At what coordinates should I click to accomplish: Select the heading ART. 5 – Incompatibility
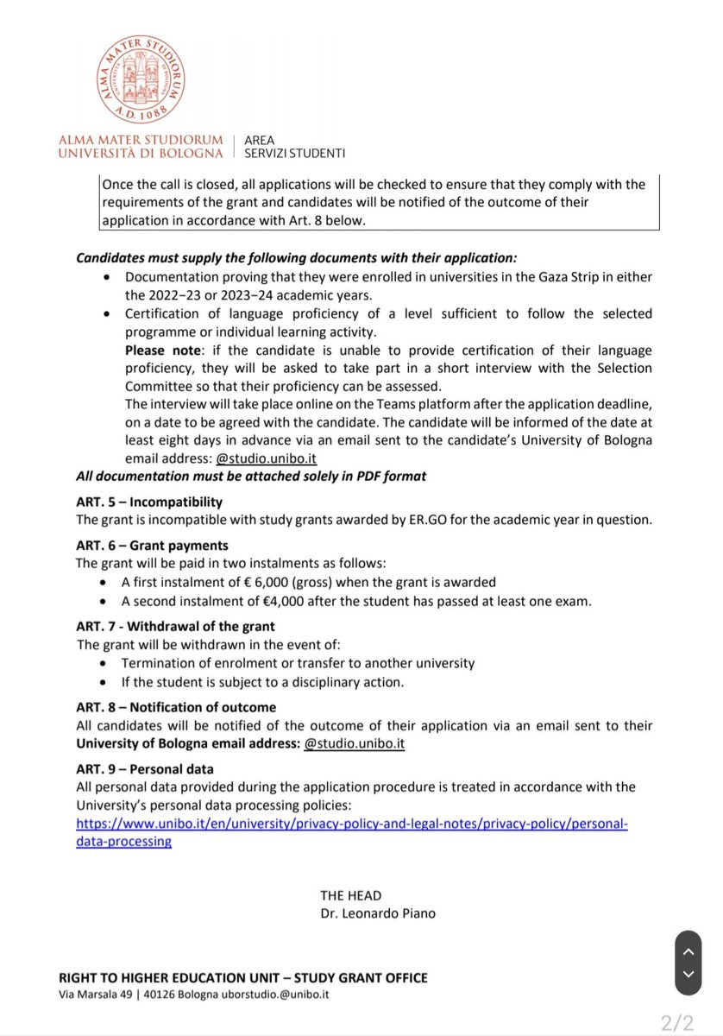coord(149,502)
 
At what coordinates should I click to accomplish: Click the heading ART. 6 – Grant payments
coord(153,546)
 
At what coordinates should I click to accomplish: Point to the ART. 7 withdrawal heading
coord(176,626)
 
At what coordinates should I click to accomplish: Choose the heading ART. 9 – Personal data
coord(145,768)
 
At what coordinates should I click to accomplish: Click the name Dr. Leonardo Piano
coord(377,913)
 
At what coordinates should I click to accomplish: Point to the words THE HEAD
coord(350,895)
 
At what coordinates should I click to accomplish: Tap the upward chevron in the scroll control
coord(687,951)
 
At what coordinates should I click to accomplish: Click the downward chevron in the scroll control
coord(687,974)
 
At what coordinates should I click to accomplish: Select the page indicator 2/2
coord(677,1023)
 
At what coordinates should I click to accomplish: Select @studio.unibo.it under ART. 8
coord(355,743)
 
